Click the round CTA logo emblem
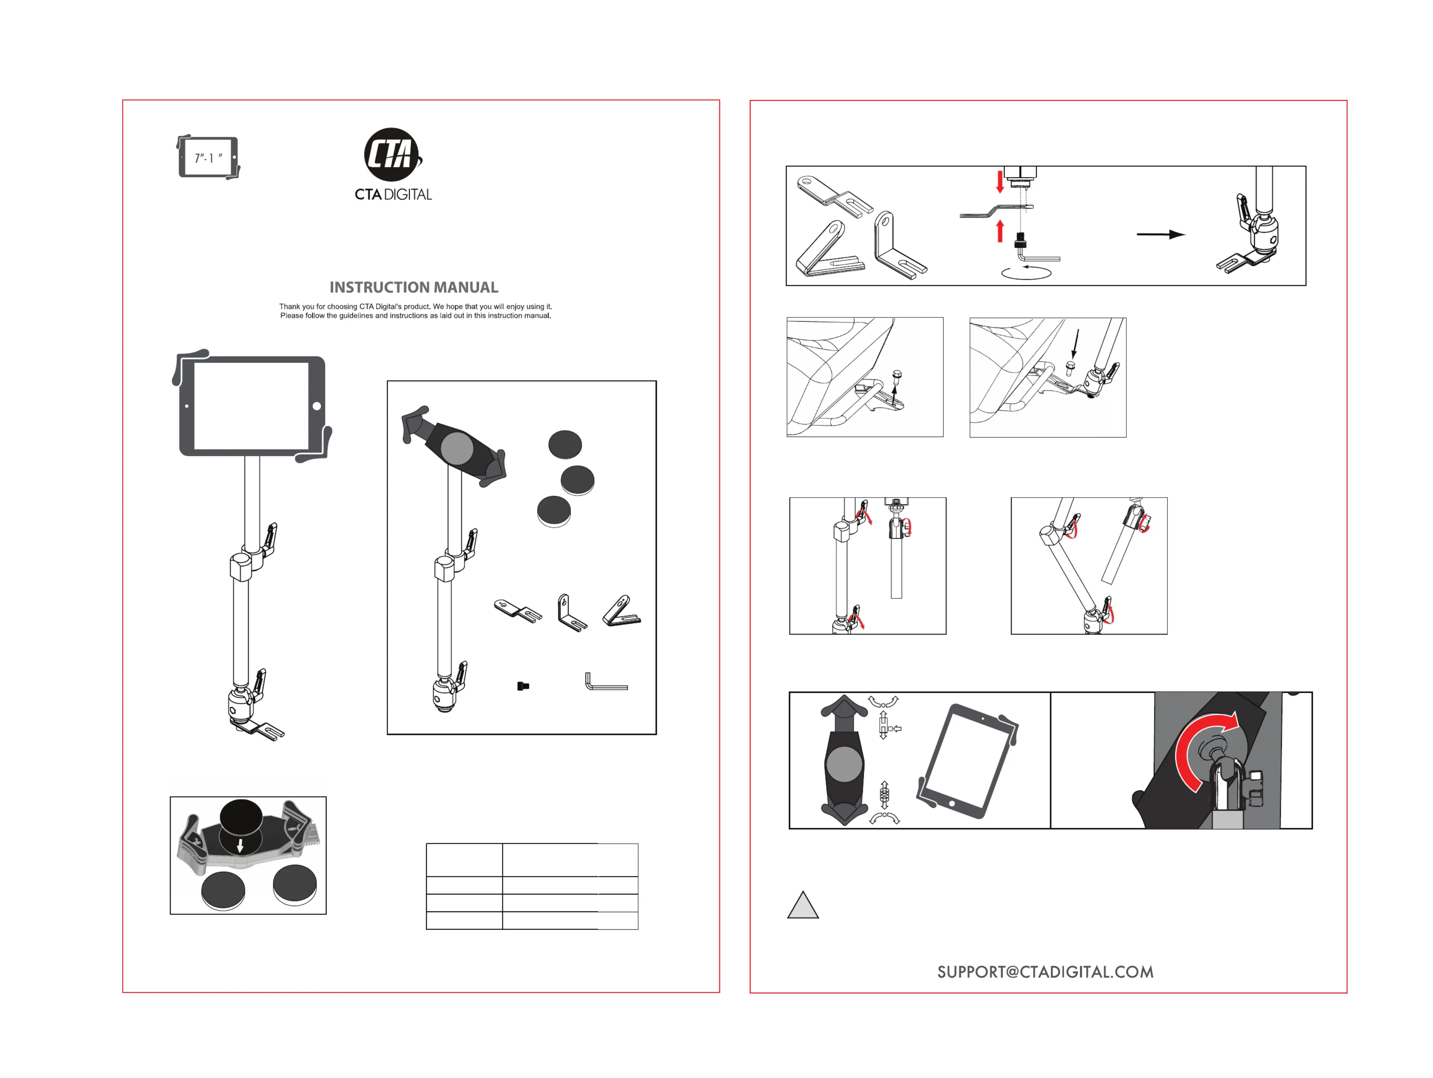point(391,155)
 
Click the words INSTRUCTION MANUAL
point(414,287)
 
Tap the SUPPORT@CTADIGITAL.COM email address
point(1045,972)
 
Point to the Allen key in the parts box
point(605,683)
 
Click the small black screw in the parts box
point(523,686)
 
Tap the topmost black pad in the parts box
point(565,445)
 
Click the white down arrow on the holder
point(241,845)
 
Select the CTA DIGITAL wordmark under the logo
point(393,194)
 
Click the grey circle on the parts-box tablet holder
point(457,447)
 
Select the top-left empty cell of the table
point(464,859)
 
